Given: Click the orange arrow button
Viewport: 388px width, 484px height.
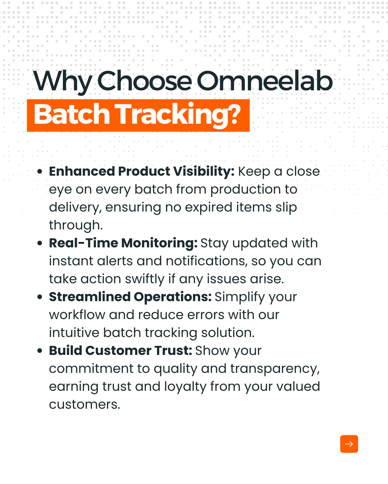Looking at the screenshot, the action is point(349,444).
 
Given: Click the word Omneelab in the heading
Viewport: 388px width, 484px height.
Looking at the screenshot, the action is point(264,81).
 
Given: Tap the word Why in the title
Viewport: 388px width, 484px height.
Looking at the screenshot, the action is point(63,82).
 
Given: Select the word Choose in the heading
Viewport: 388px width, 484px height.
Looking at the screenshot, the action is point(144,81).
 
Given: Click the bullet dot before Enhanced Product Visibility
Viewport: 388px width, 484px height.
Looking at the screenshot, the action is point(40,172).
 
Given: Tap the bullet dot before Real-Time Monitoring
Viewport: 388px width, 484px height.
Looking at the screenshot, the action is point(40,243).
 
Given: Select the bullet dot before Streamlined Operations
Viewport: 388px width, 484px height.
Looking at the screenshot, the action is point(40,297).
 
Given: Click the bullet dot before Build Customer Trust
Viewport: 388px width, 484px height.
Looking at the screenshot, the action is point(40,351).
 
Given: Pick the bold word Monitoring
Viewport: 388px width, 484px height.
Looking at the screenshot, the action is point(160,244).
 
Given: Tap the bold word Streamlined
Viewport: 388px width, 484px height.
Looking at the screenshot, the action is point(90,296).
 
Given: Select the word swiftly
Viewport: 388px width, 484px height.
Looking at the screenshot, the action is point(145,280).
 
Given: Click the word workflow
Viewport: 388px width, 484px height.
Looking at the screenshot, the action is point(77,315).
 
